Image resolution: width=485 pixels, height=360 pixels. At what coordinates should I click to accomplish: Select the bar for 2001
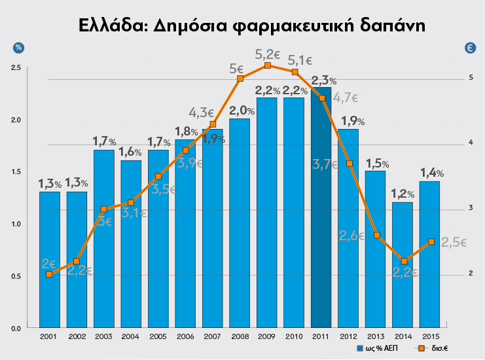(x=50, y=262)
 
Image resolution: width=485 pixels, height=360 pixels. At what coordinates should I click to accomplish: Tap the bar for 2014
(x=403, y=268)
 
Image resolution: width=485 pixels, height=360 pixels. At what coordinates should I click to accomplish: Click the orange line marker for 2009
(x=267, y=65)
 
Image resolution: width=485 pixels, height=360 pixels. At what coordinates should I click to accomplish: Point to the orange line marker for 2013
(x=376, y=235)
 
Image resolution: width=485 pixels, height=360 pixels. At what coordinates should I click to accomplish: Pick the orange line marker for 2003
(x=103, y=209)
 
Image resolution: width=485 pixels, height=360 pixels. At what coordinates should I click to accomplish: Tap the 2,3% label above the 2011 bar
(x=323, y=81)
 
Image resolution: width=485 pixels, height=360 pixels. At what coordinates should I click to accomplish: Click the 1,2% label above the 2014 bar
(x=403, y=194)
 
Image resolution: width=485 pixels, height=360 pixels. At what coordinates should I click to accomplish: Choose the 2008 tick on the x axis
(x=240, y=336)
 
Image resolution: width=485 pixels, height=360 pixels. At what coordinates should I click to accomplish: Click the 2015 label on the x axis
(x=429, y=336)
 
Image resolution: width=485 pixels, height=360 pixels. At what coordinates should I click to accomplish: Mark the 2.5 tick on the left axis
(x=16, y=67)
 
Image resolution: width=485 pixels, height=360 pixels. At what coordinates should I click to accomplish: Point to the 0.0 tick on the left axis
(x=16, y=328)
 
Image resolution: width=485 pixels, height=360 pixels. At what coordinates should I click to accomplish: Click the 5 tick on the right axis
(x=471, y=78)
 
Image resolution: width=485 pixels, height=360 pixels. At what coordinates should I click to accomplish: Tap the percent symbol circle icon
(x=18, y=47)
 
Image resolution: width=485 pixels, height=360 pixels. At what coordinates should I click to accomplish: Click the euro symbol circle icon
(x=469, y=47)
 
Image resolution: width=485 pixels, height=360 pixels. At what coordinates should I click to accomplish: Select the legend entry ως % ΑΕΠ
(x=379, y=348)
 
